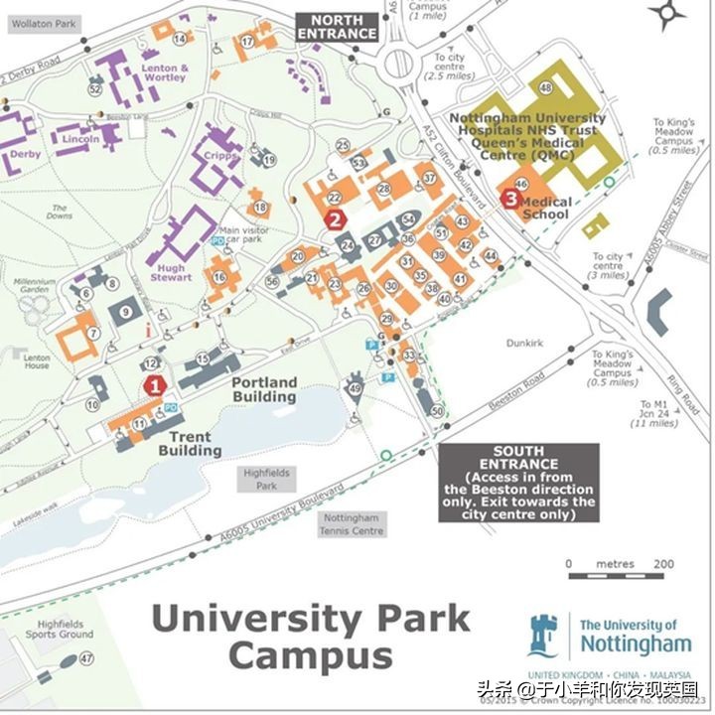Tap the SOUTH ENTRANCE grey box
(518, 483)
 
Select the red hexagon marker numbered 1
(154, 385)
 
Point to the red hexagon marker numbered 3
(510, 198)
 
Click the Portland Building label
(264, 389)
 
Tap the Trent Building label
(190, 444)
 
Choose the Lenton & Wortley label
(164, 72)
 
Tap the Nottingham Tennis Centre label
(353, 524)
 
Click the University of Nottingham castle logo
(543, 637)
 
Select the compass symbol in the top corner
(668, 14)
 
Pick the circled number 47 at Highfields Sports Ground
(86, 658)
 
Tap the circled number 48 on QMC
(546, 88)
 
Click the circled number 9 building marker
(125, 312)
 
